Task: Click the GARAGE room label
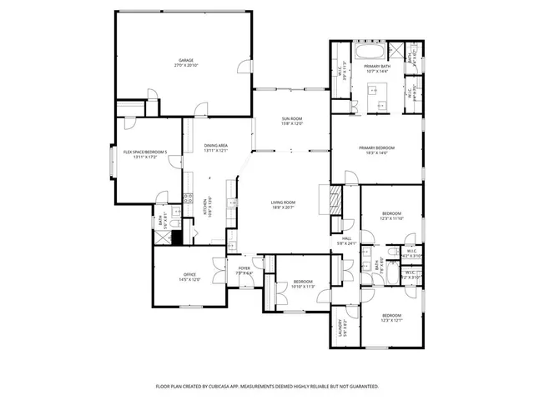(x=185, y=61)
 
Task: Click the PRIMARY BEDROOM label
(x=376, y=147)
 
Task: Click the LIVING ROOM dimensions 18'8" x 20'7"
(x=284, y=207)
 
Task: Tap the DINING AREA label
(x=216, y=146)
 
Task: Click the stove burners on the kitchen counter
(x=188, y=198)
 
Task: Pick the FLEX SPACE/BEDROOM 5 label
(x=145, y=152)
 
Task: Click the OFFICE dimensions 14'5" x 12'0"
(x=189, y=279)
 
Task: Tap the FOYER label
(x=244, y=268)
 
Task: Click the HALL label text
(x=345, y=238)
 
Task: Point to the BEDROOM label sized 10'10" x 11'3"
(x=303, y=282)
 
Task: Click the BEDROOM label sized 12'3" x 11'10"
(x=392, y=212)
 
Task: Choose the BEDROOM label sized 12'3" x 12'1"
(x=392, y=315)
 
